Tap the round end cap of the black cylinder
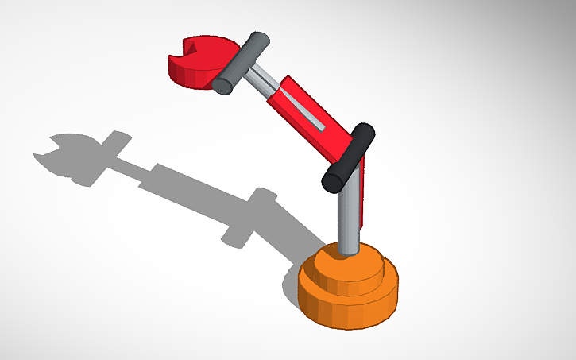(333, 181)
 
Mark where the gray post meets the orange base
(347, 253)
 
